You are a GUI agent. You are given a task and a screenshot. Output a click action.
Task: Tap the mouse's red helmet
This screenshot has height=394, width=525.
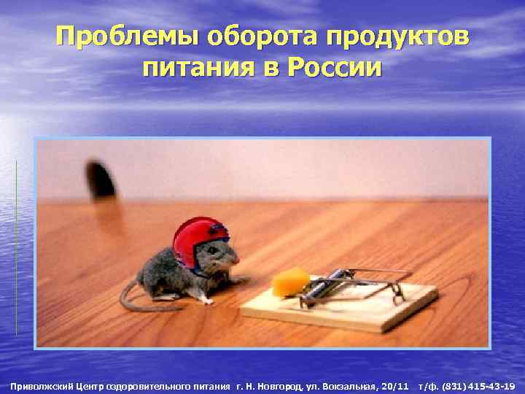198,241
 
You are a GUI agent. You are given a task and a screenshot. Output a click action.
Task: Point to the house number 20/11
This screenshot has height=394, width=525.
395,385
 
